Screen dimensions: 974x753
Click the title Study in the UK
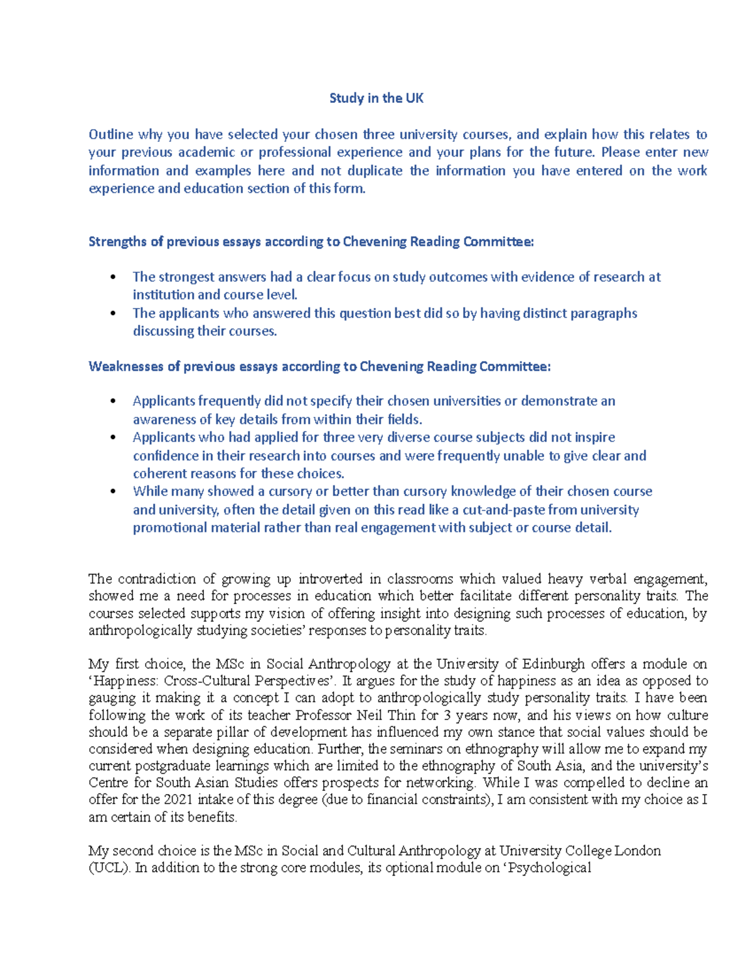376,98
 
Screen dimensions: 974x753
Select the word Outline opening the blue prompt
110,134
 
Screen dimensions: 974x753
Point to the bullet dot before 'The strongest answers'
113,277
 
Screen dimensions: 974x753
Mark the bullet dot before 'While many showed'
113,492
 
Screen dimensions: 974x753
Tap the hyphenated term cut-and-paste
503,509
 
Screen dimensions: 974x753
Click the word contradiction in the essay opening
157,578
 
